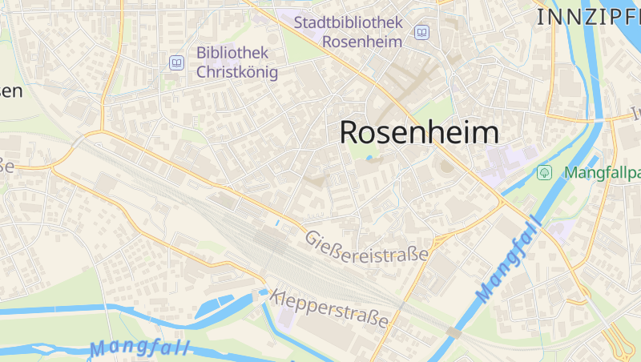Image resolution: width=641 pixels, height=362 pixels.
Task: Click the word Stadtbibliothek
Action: (348, 22)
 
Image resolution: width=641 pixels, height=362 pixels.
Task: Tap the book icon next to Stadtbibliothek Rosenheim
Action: (421, 32)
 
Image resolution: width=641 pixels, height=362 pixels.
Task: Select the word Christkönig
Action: (237, 73)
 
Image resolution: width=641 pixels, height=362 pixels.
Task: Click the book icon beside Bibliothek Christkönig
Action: (175, 62)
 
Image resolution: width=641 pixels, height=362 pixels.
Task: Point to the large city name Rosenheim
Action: (419, 132)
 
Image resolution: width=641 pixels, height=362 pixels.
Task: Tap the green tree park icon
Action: (545, 172)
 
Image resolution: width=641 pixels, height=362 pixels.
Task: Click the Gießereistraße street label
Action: (366, 245)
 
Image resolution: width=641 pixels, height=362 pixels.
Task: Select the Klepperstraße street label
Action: (330, 308)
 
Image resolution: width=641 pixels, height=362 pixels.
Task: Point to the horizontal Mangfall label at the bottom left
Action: (139, 348)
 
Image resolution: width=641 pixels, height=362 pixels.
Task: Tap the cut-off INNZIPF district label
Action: (588, 16)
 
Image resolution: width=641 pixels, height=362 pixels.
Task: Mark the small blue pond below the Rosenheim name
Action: (369, 159)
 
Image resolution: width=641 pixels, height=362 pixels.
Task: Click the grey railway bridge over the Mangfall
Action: (454, 332)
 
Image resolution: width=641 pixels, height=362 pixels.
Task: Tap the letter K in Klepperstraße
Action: (277, 295)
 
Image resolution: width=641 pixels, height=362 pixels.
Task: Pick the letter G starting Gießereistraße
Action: (310, 236)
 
